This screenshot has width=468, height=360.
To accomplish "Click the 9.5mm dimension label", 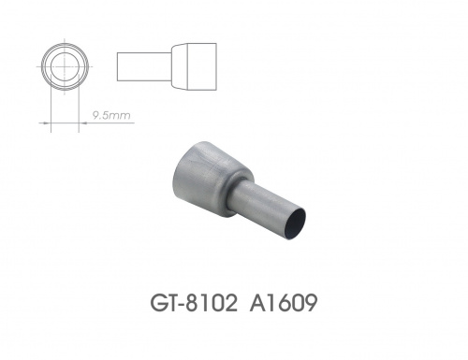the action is point(111,116).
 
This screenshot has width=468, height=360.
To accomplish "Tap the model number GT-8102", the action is point(194,303).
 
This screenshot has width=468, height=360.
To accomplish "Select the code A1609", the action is point(284,303).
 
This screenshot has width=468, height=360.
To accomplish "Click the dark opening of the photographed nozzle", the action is point(296,223).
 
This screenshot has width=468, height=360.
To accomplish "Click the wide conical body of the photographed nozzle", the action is point(209,176).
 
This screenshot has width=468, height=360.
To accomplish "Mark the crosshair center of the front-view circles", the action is point(65,66).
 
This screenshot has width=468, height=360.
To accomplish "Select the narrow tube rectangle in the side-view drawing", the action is point(144,66).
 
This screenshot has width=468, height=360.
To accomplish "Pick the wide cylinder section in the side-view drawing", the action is point(201,66).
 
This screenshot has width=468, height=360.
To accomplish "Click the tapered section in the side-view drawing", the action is point(179,66).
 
